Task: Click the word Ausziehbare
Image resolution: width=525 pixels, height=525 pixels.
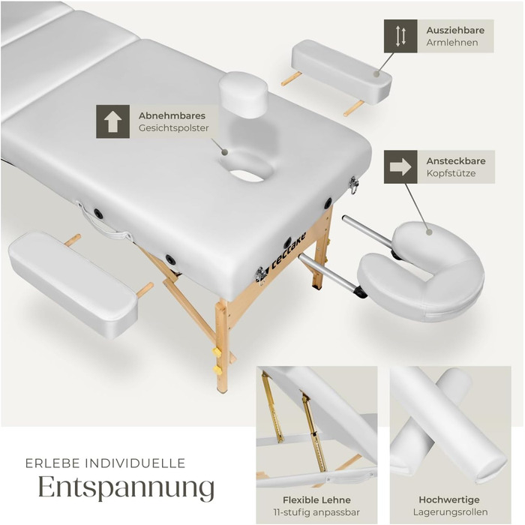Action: click(x=455, y=30)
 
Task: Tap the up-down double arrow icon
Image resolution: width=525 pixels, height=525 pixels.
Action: click(x=400, y=36)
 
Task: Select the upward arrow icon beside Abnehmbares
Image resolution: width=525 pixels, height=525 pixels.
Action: click(x=112, y=121)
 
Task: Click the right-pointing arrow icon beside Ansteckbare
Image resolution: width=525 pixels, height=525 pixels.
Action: click(x=400, y=166)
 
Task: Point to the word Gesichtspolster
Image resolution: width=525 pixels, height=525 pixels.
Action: click(x=173, y=128)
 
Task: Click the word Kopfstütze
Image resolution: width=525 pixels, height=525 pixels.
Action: click(x=451, y=173)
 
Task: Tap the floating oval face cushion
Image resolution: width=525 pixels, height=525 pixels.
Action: click(x=244, y=94)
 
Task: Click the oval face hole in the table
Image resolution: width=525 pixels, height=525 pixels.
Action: click(x=247, y=168)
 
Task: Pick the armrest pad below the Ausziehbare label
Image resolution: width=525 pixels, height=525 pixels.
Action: click(x=342, y=71)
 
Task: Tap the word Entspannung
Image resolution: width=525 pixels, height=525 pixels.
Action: click(x=126, y=487)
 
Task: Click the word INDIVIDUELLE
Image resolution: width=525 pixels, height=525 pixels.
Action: click(x=135, y=463)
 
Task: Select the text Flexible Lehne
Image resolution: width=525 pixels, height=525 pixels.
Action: click(x=316, y=500)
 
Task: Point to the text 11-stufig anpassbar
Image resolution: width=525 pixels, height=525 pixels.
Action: click(x=316, y=512)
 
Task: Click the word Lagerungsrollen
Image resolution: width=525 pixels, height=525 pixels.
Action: click(x=450, y=512)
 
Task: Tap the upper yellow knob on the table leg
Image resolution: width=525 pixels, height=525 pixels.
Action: click(x=217, y=352)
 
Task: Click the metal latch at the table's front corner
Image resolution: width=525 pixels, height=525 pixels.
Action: click(x=259, y=274)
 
